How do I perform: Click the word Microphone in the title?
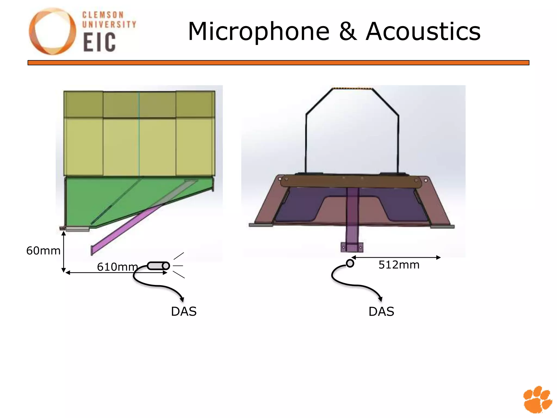pyautogui.click(x=258, y=32)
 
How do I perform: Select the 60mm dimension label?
pyautogui.click(x=43, y=251)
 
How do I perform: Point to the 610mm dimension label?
pyautogui.click(x=117, y=267)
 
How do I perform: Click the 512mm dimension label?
pyautogui.click(x=399, y=265)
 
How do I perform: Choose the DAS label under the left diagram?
pyautogui.click(x=184, y=311)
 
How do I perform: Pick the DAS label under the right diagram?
pyautogui.click(x=381, y=311)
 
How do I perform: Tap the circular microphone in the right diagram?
pyautogui.click(x=350, y=263)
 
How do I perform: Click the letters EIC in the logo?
pyautogui.click(x=99, y=42)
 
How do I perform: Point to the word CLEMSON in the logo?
pyautogui.click(x=103, y=15)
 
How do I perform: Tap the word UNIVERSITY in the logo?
pyautogui.click(x=109, y=24)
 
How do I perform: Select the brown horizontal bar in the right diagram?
pyautogui.click(x=351, y=181)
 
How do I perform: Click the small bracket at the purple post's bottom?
pyautogui.click(x=352, y=247)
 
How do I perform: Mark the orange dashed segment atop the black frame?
pyautogui.click(x=352, y=88)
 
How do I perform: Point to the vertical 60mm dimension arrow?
pyautogui.click(x=64, y=251)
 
